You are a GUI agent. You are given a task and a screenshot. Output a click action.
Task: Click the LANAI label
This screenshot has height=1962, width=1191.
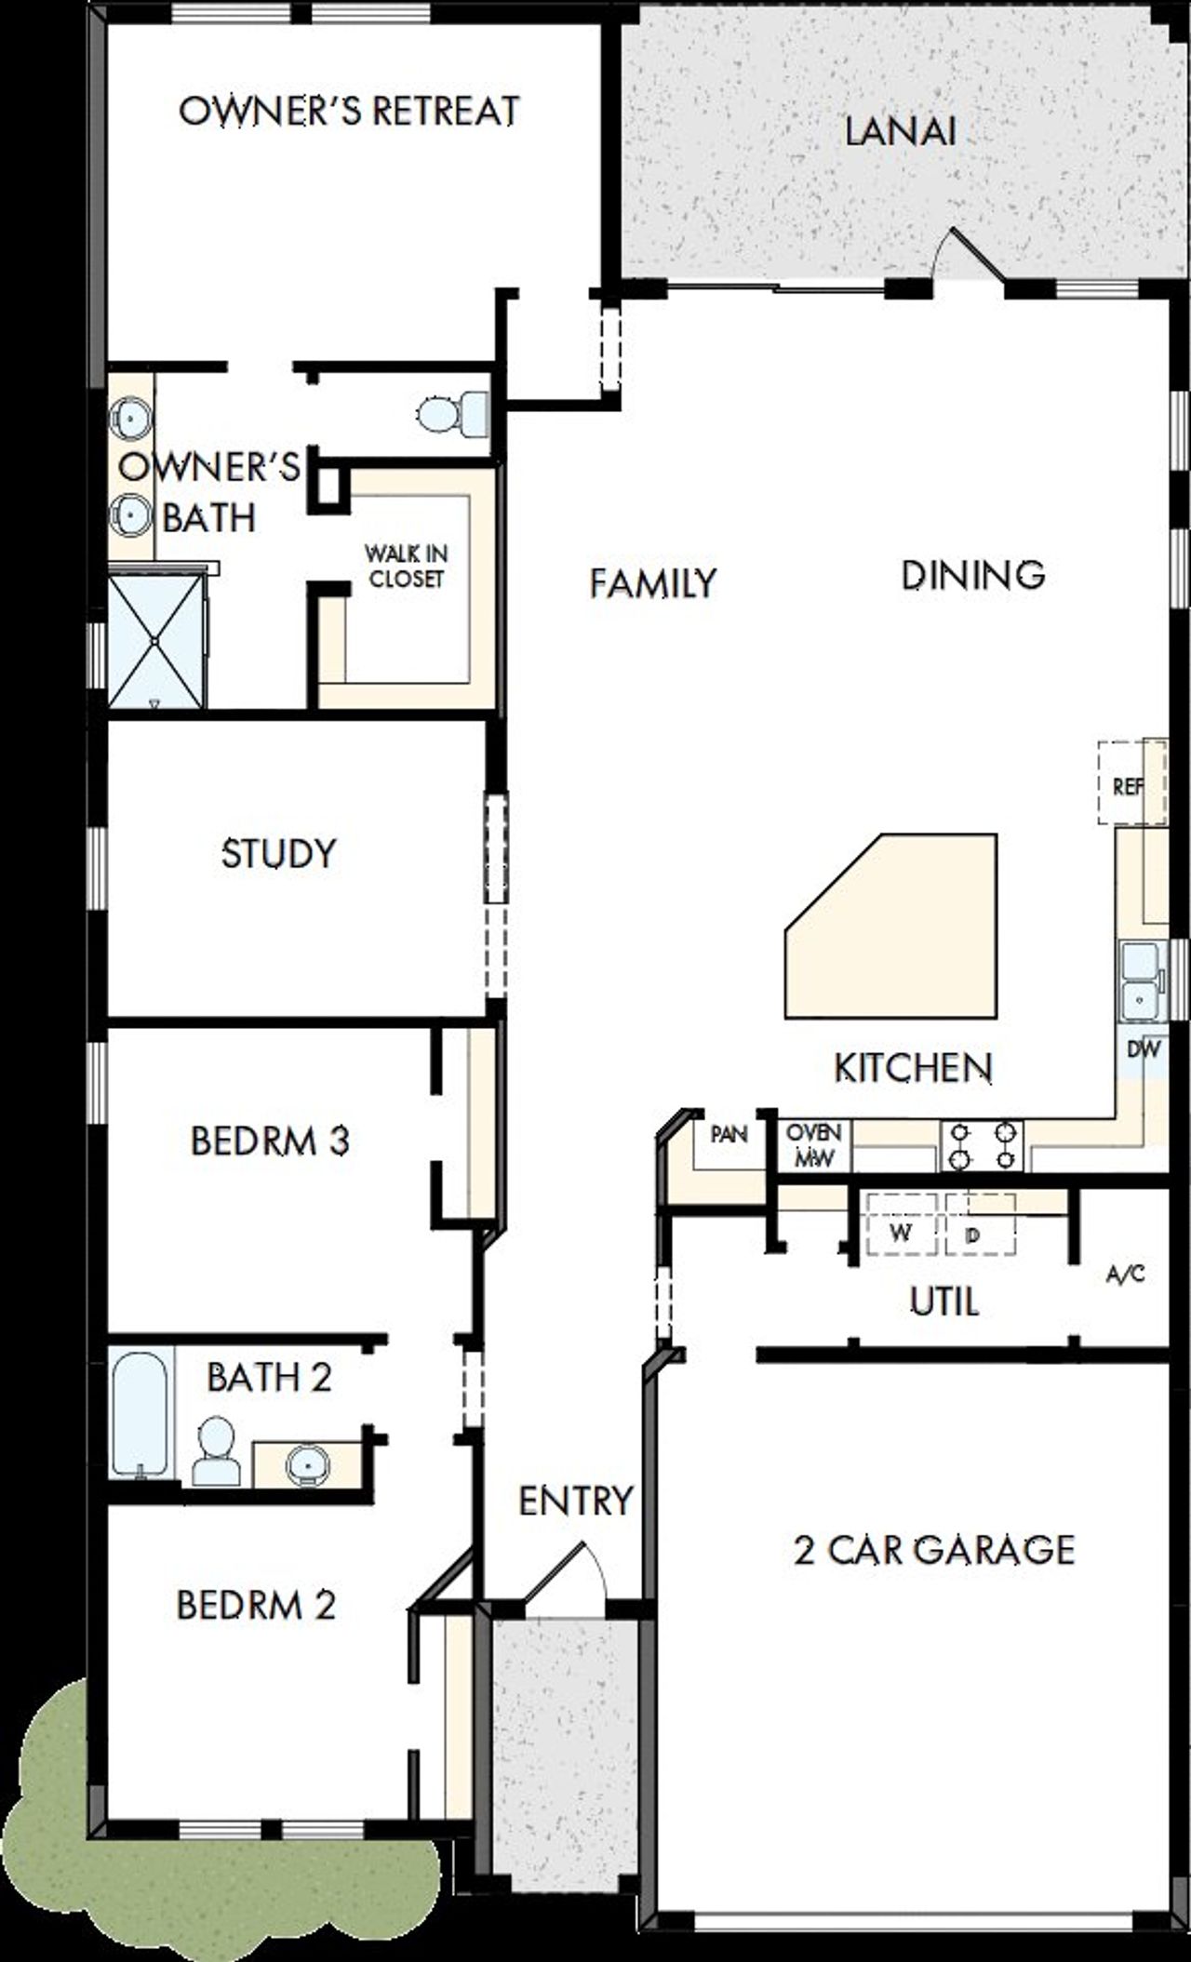(x=900, y=132)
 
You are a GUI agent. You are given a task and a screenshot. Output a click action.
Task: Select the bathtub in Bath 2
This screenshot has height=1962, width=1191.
(x=141, y=1414)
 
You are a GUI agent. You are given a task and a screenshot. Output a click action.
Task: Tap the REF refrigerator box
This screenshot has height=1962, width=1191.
(x=1128, y=784)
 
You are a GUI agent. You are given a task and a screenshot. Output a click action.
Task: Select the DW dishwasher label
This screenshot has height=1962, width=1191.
(x=1144, y=1049)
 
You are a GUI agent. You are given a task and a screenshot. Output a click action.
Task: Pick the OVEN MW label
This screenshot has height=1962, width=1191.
(x=813, y=1145)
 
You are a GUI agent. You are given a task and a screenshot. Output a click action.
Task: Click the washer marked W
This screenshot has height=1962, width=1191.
(x=899, y=1232)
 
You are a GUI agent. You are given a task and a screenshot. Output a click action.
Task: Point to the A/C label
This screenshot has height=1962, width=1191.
(x=1124, y=1275)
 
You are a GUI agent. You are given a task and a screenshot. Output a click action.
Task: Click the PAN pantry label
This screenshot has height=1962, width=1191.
(x=729, y=1134)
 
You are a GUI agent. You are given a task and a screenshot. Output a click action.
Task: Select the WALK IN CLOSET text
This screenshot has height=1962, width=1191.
(x=406, y=566)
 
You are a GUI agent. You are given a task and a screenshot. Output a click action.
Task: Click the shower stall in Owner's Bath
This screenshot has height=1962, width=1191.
(x=155, y=641)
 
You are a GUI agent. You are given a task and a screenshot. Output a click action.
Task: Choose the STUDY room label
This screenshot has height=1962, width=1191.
(x=278, y=853)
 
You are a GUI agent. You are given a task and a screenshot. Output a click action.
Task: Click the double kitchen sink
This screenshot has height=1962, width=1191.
(x=1141, y=981)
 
